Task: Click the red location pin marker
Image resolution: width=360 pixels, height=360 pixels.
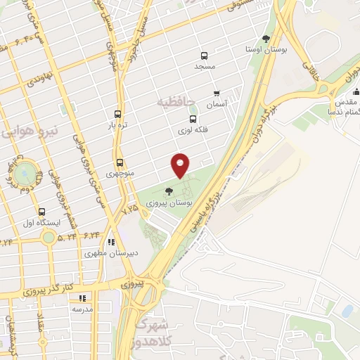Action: (x=181, y=165)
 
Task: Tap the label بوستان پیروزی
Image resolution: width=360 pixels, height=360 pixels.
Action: (x=167, y=201)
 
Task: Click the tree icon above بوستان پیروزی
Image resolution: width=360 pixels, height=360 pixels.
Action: (x=168, y=191)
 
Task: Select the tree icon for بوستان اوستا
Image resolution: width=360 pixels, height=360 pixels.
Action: (x=265, y=39)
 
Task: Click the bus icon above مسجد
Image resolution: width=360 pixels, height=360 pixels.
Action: (x=204, y=55)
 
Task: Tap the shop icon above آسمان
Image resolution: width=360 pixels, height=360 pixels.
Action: (x=217, y=93)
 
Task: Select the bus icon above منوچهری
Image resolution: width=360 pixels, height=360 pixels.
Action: (x=120, y=162)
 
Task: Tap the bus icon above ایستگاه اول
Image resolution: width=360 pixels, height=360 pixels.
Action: (x=42, y=212)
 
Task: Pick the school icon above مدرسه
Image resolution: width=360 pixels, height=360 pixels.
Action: (x=82, y=298)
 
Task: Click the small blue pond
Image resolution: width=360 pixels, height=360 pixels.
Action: (x=347, y=310)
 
